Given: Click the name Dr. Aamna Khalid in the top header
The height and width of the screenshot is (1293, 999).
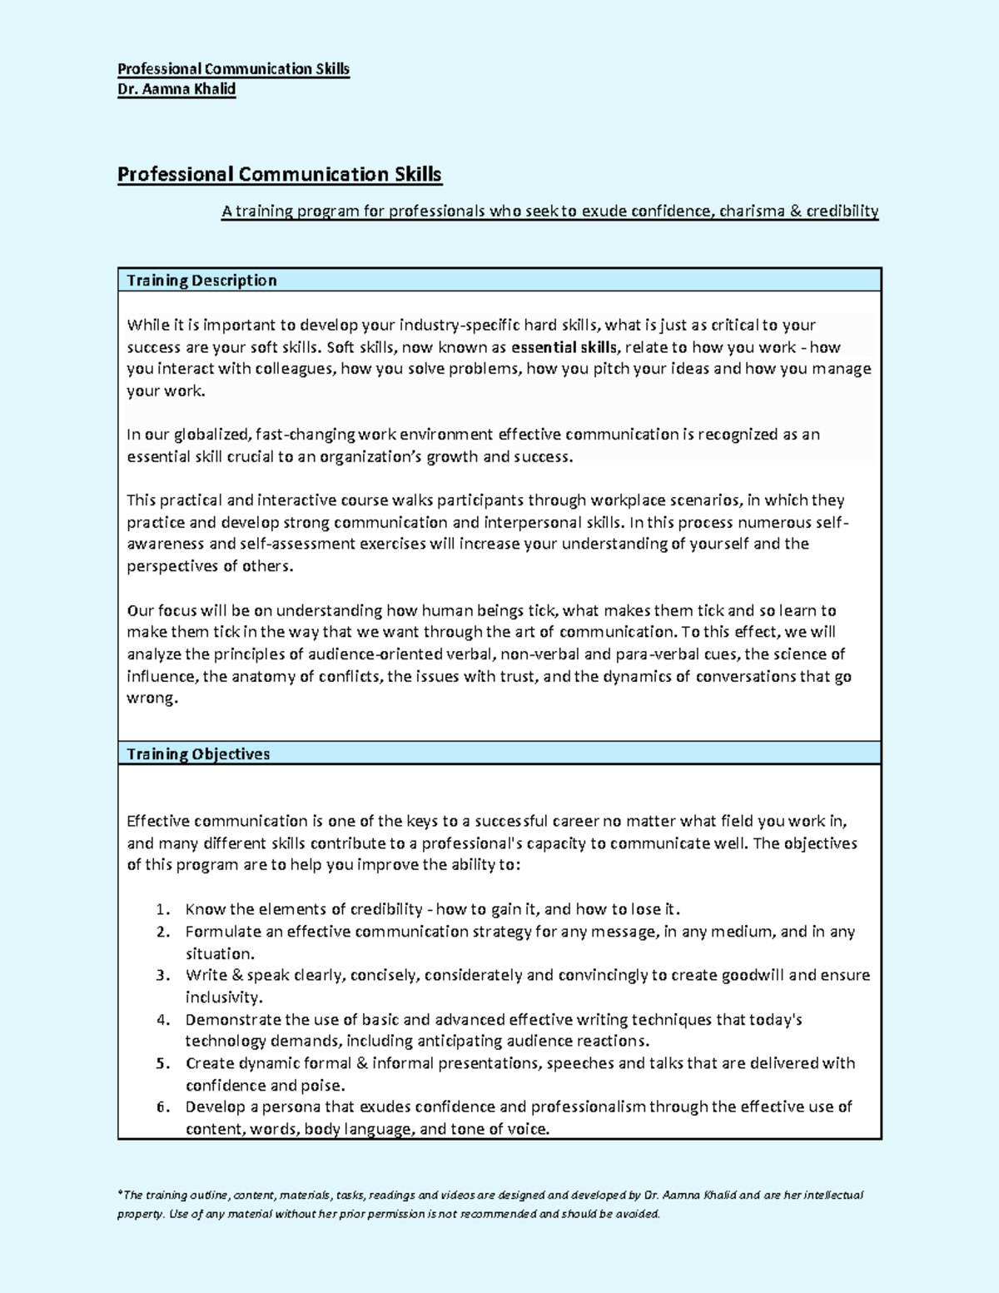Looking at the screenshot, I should click(176, 89).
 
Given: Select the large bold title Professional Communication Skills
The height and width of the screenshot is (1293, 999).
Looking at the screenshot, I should click(279, 174).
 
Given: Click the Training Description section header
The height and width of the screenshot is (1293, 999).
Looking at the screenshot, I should click(201, 281).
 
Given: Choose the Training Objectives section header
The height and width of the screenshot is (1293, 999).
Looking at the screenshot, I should click(198, 754).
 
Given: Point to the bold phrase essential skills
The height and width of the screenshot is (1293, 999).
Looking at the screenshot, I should click(564, 347).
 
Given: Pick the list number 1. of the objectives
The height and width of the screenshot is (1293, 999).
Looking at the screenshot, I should click(163, 909).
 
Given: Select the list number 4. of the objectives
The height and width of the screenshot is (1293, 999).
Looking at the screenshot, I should click(163, 1020).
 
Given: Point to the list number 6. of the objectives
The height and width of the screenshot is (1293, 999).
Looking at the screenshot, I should click(163, 1107).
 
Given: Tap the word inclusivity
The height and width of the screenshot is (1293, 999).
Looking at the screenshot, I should click(223, 997).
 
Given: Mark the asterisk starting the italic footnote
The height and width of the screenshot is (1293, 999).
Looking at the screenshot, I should click(120, 1194).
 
